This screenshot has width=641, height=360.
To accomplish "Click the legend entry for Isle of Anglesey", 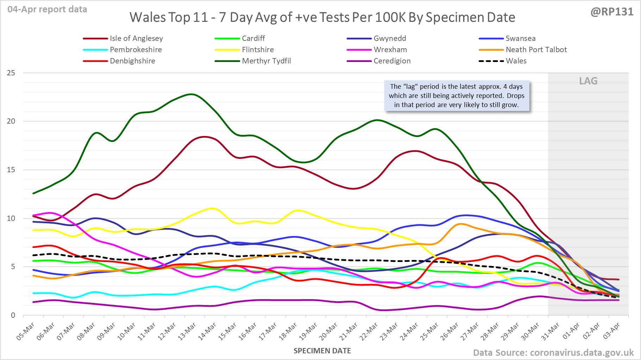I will click(136, 38).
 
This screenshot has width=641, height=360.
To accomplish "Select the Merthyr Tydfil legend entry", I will click(266, 61).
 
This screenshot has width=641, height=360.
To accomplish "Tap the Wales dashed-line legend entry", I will click(516, 61).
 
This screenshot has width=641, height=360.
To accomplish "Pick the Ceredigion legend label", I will click(392, 61).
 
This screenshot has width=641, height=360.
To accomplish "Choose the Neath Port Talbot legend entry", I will click(536, 50).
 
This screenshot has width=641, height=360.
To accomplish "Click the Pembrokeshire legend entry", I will click(136, 50).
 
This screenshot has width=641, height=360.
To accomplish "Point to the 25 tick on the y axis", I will click(11, 73).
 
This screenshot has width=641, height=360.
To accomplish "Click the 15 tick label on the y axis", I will click(11, 170).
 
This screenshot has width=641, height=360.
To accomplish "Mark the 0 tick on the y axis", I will click(13, 315).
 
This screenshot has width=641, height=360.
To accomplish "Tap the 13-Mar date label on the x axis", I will click(187, 331).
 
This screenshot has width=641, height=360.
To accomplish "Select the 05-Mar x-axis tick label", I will click(26, 331).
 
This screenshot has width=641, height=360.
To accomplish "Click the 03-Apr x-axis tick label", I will click(611, 331).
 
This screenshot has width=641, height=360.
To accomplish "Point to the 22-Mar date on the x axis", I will click(369, 331).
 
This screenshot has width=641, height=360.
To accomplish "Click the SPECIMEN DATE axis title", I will click(322, 351).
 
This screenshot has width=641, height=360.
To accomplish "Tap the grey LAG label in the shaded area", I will click(588, 81).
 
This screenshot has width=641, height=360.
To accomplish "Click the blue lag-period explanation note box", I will click(456, 96).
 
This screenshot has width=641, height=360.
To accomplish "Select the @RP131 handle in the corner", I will click(612, 12).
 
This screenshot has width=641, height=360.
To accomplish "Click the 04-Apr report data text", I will click(47, 10).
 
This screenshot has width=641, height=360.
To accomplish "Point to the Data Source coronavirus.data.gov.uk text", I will click(553, 353).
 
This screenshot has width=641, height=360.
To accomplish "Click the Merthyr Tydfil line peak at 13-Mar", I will click(191, 94).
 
